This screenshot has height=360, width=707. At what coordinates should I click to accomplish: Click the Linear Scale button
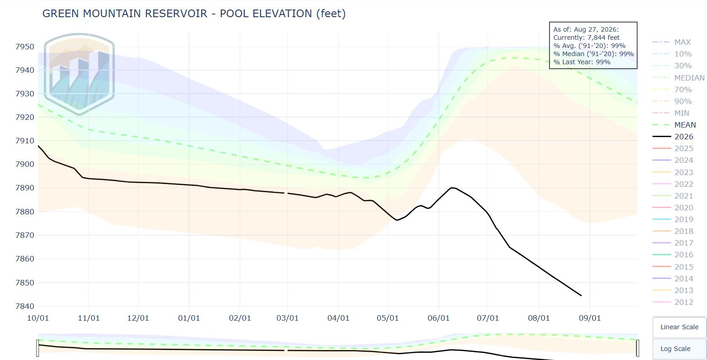pos(679,327)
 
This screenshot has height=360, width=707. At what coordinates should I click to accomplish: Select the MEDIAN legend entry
pos(679,78)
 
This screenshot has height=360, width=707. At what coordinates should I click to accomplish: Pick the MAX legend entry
pos(672,42)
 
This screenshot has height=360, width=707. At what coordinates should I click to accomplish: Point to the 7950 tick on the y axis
pos(24,47)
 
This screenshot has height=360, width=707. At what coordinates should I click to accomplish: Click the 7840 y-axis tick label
pos(24,306)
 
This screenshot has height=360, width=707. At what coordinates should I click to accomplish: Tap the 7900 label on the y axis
pos(24,164)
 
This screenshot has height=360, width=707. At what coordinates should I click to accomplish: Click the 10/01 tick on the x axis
pos(38,318)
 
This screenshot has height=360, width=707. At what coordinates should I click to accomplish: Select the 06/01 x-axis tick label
pos(438,318)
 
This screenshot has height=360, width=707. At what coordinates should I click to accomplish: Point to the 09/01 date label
pos(589,318)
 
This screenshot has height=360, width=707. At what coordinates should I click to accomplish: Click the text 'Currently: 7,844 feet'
pos(586,38)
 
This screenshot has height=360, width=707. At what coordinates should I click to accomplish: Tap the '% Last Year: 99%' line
pos(582,62)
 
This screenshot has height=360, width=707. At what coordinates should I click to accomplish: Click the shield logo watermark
pos(79,74)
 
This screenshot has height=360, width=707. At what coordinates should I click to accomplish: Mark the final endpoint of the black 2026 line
pos(581,296)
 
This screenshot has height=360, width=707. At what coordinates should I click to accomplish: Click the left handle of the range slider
pos(38,348)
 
